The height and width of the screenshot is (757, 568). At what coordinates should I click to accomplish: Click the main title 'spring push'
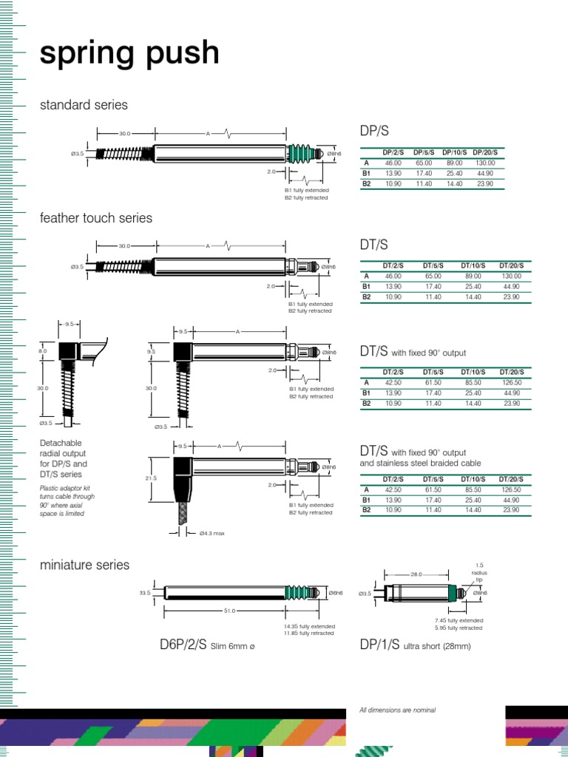coord(129,55)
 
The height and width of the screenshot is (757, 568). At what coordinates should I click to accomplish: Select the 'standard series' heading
coord(84,105)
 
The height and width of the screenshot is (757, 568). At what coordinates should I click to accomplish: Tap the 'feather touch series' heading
coord(95,218)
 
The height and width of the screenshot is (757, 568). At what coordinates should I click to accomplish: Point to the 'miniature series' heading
coord(84,565)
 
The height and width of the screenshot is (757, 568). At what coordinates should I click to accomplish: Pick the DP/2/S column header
coord(393,152)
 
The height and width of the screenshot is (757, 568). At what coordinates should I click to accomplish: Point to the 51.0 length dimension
coord(229,611)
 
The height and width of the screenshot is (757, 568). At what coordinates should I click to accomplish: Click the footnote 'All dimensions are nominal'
coord(397,710)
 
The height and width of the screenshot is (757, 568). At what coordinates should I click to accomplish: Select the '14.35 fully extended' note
coord(309,626)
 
